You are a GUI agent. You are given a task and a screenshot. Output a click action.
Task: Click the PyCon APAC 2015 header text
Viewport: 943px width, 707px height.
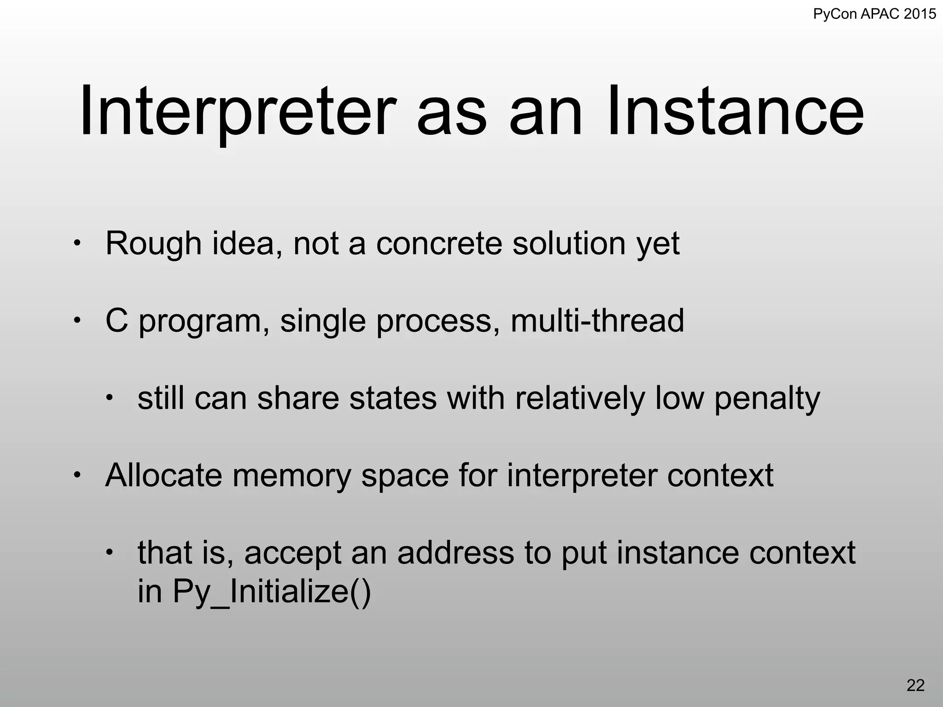coord(874,14)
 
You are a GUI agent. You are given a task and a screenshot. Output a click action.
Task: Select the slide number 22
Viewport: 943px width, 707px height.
coord(915,685)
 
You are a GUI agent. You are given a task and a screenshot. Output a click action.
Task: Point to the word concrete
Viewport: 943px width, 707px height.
coord(439,244)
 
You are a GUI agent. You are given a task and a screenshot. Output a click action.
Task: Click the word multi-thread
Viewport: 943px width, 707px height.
coord(597,321)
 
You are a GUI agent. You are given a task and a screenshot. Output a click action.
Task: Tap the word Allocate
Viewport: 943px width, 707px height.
coord(163,475)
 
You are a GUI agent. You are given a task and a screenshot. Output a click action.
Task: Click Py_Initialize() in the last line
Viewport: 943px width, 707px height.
coord(272,592)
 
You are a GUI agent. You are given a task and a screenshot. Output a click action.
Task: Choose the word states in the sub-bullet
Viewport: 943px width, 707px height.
coord(393,398)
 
